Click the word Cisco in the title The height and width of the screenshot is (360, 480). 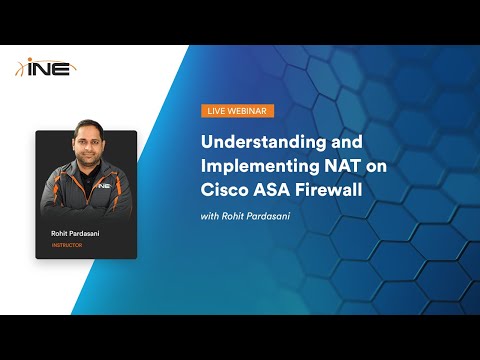pos(227,187)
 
